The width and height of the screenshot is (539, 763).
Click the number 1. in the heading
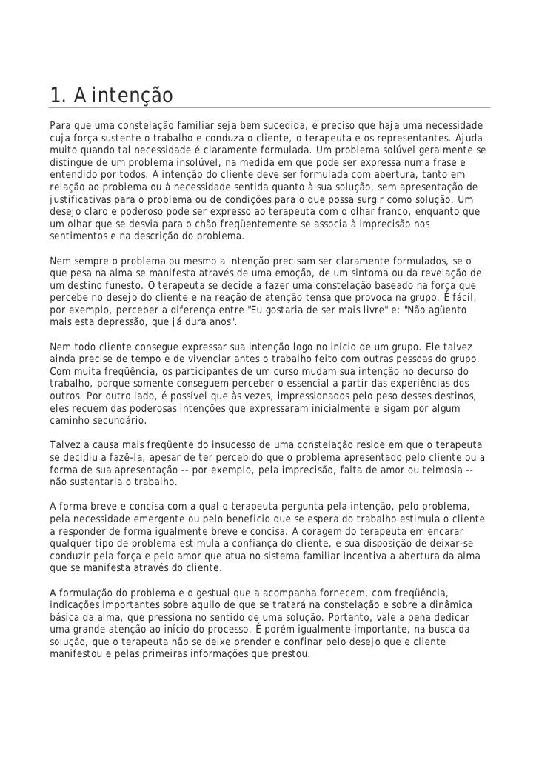pyautogui.click(x=58, y=96)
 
